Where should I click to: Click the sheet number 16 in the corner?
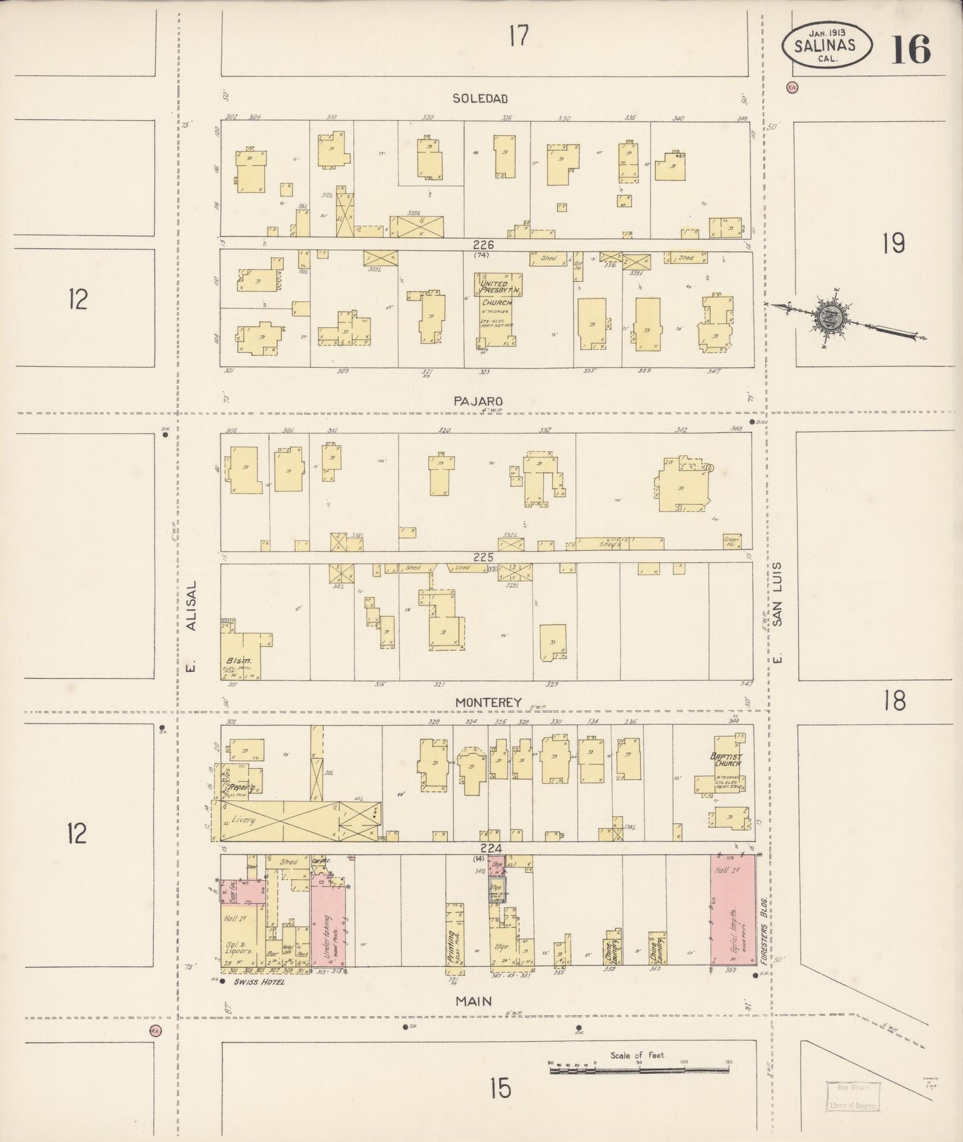pyautogui.click(x=910, y=48)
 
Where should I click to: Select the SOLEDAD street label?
pyautogui.click(x=480, y=99)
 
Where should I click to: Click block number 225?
pyautogui.click(x=482, y=557)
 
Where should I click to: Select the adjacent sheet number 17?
pyautogui.click(x=518, y=36)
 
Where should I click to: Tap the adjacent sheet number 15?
pyautogui.click(x=500, y=1088)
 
